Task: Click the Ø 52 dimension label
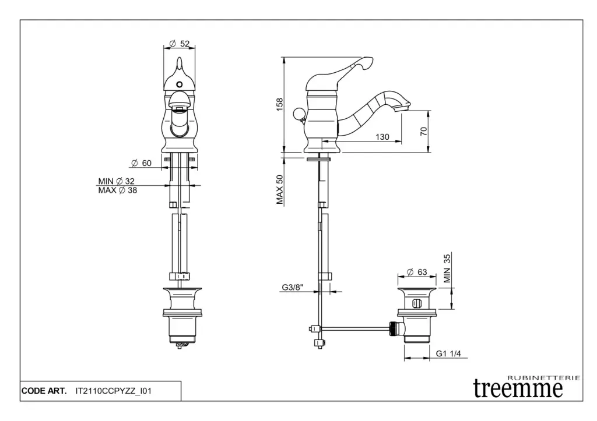(180, 44)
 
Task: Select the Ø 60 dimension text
(141, 163)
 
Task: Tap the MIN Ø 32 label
(117, 182)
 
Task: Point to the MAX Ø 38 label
(118, 190)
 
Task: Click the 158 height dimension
(280, 105)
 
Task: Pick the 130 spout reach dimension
(382, 137)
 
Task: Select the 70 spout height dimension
(424, 131)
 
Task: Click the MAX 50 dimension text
(280, 189)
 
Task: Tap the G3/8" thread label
(293, 287)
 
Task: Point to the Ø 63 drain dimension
(417, 273)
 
